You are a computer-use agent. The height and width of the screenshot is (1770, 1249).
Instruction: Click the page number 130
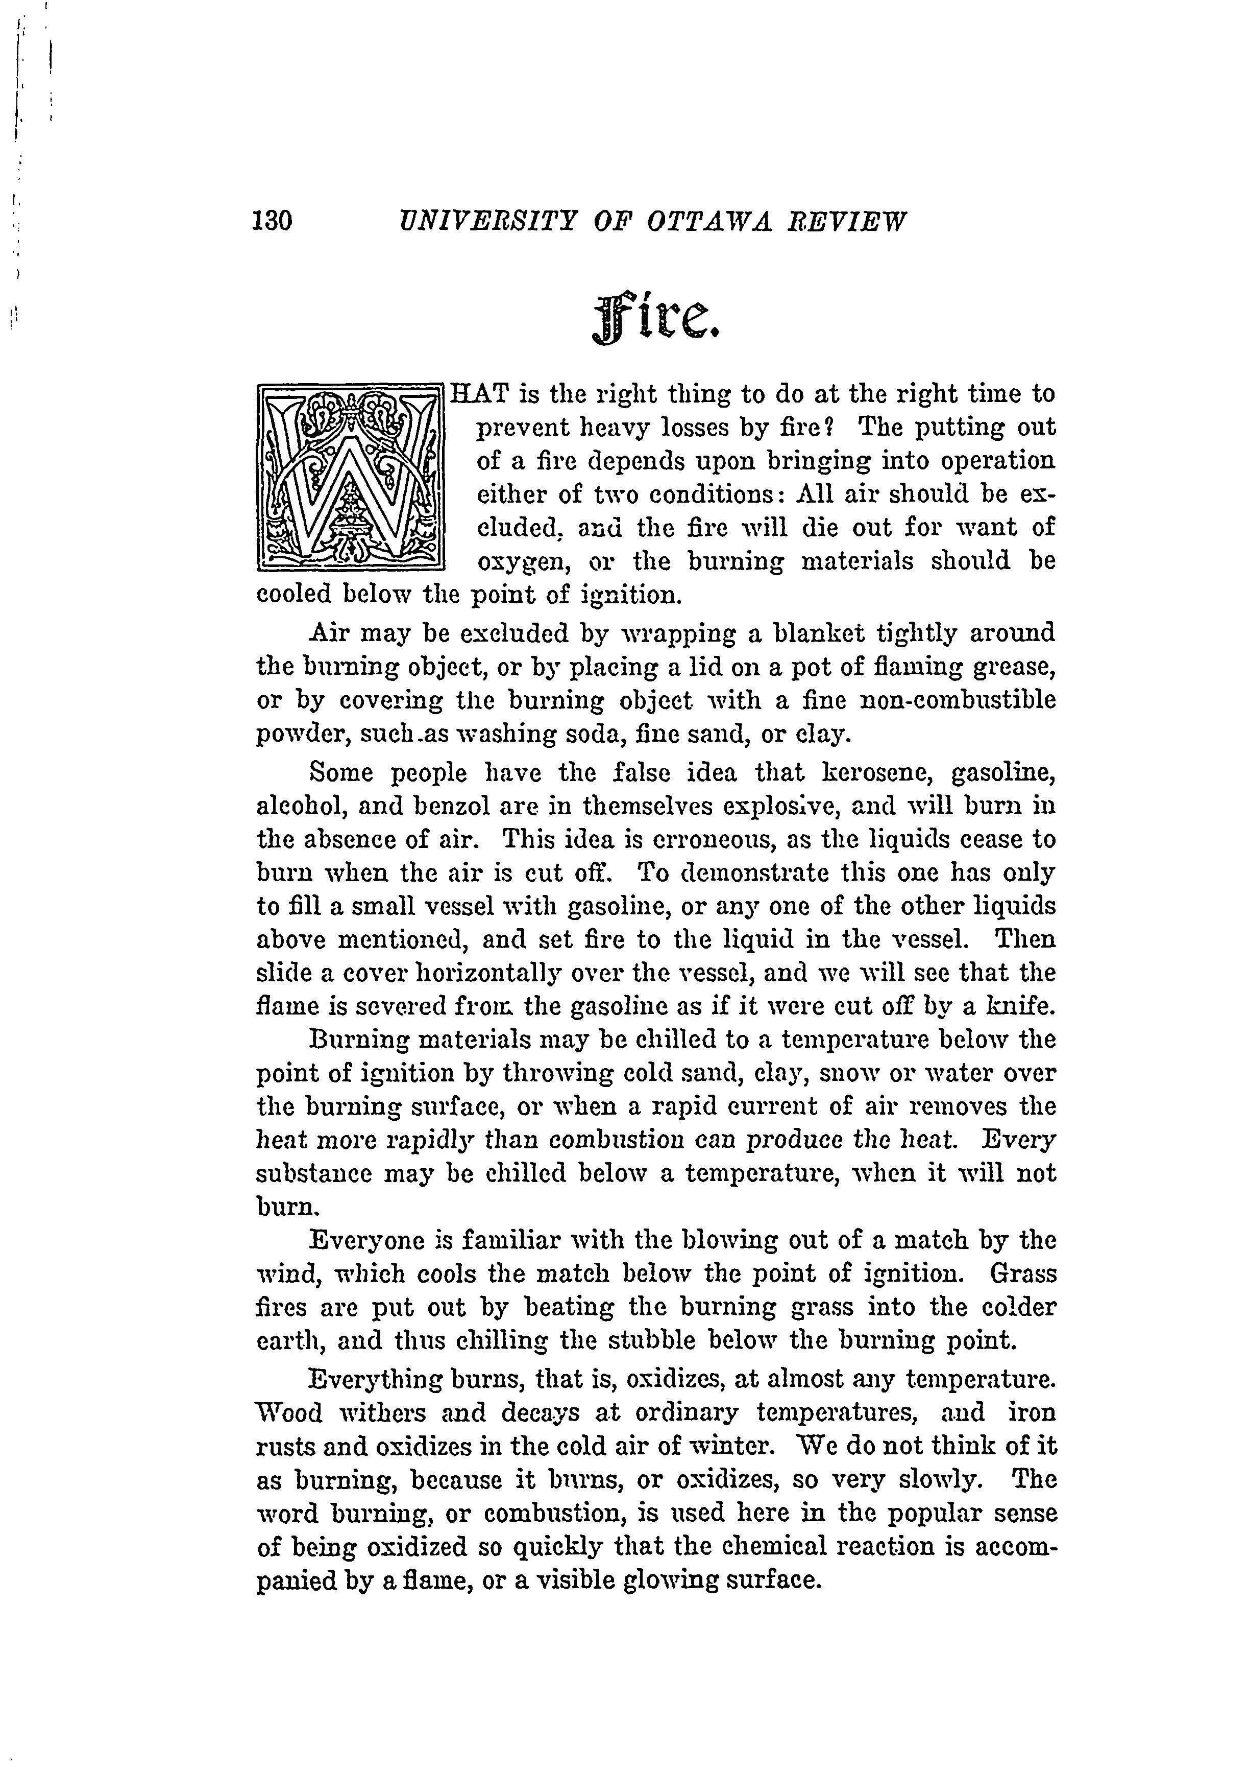click(272, 222)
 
